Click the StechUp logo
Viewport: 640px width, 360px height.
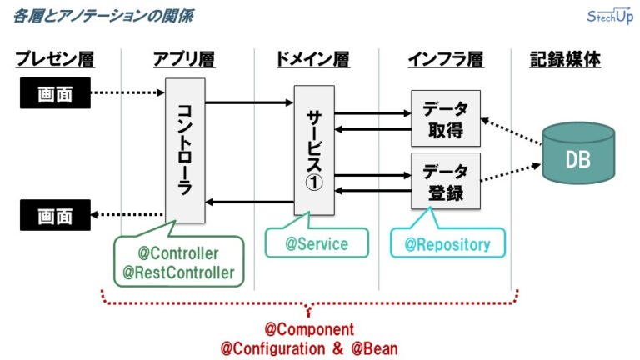click(x=610, y=17)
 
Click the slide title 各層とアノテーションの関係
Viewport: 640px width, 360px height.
click(x=103, y=16)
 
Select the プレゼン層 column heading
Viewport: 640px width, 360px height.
click(x=55, y=59)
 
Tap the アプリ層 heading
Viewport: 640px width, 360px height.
click(x=184, y=59)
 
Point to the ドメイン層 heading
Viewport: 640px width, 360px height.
click(x=313, y=59)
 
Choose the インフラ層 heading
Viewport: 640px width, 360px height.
click(x=446, y=59)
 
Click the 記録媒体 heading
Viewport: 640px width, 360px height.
click(x=565, y=59)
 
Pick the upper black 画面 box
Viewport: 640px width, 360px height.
click(x=55, y=93)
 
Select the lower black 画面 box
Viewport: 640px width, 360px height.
click(x=55, y=215)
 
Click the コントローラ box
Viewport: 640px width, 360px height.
click(x=185, y=151)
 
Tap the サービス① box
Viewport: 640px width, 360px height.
click(x=314, y=150)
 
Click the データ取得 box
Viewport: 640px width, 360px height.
click(x=446, y=118)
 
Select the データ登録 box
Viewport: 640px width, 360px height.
click(x=446, y=181)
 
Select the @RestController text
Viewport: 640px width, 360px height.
click(x=179, y=272)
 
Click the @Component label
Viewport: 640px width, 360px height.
click(x=309, y=329)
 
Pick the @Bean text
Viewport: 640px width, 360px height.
click(x=374, y=348)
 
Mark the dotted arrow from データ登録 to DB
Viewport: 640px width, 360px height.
click(x=511, y=172)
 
